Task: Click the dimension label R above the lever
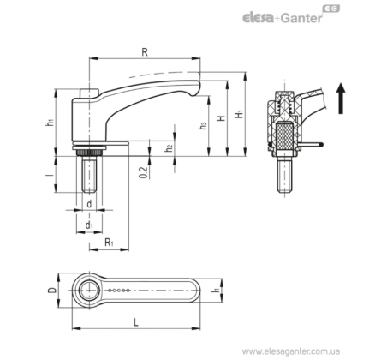pyautogui.click(x=145, y=52)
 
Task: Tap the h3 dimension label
pyautogui.click(x=203, y=125)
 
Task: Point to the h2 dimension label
pyautogui.click(x=170, y=148)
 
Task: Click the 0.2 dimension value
pyautogui.click(x=144, y=172)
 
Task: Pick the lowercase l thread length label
pyautogui.click(x=50, y=175)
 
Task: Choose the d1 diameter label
pyautogui.click(x=89, y=225)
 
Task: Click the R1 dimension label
pyautogui.click(x=109, y=243)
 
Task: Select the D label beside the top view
pyautogui.click(x=52, y=291)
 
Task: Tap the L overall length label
pyautogui.click(x=136, y=323)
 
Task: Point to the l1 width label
pyautogui.click(x=216, y=290)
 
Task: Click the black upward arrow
pyautogui.click(x=341, y=99)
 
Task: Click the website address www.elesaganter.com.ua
pyautogui.click(x=291, y=351)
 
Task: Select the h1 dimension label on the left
pyautogui.click(x=51, y=123)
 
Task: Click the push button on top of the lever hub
pyautogui.click(x=89, y=93)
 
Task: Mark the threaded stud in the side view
pyautogui.click(x=89, y=176)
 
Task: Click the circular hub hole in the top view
pyautogui.click(x=89, y=290)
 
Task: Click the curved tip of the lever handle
pyautogui.click(x=196, y=87)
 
